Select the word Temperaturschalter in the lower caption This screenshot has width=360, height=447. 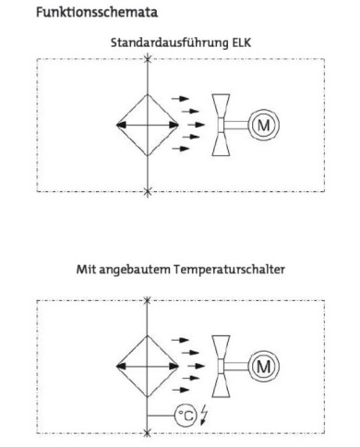240,271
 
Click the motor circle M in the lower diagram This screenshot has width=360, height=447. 264,367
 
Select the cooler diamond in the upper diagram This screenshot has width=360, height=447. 148,125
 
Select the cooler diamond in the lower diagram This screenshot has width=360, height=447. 148,367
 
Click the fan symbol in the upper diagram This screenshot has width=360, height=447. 224,125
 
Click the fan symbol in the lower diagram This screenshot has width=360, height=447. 224,367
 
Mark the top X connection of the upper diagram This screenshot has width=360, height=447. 148,59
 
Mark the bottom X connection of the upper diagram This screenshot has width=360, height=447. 148,192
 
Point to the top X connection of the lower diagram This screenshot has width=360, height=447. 148,301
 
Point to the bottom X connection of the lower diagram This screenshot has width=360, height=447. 148,434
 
